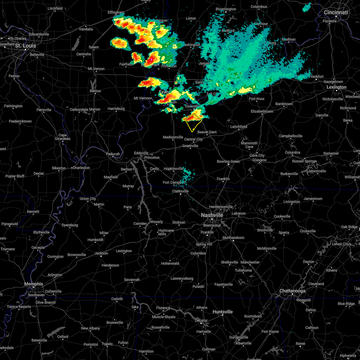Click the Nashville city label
click(x=212, y=215)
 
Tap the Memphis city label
click(x=34, y=284)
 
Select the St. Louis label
click(x=25, y=46)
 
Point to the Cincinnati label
click(x=336, y=13)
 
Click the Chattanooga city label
click(x=292, y=291)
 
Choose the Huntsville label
click(x=223, y=312)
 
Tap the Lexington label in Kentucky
click(x=336, y=87)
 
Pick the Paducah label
click(x=113, y=154)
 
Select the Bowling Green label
click(x=228, y=162)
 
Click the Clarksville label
click(x=180, y=191)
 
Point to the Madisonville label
click(x=173, y=137)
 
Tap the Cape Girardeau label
click(x=63, y=137)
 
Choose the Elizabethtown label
click(x=262, y=112)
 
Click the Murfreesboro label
click(x=233, y=238)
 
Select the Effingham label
click(x=116, y=13)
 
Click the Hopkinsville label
click(x=173, y=169)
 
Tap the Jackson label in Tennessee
click(x=101, y=253)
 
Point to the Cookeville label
click(x=282, y=217)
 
